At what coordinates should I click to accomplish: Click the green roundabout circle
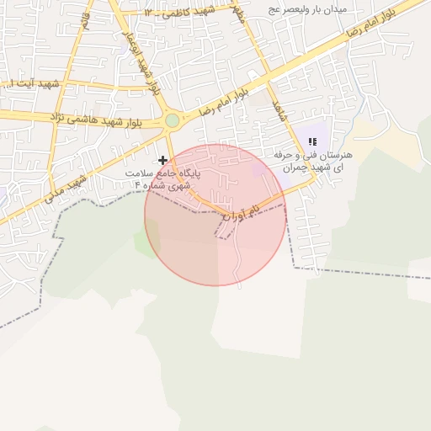(x=173, y=120)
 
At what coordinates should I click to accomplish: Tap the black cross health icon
(x=162, y=160)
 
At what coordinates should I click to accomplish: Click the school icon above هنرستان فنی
(x=312, y=142)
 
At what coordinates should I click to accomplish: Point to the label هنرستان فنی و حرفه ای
(x=314, y=162)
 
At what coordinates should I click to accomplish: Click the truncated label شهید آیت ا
(x=32, y=84)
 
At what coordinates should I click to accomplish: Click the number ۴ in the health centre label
(x=137, y=185)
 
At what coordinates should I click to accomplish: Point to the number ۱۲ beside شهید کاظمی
(x=149, y=13)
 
